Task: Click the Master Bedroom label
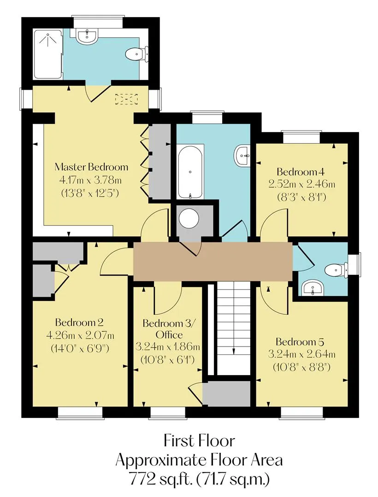click(x=91, y=167)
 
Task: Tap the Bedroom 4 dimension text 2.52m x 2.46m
click(x=302, y=184)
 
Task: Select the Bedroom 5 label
click(x=300, y=342)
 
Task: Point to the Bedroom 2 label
click(x=79, y=323)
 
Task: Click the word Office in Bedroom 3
click(x=169, y=335)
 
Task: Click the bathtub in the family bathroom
click(x=190, y=172)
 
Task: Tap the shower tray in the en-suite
click(x=48, y=54)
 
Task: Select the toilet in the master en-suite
click(x=137, y=54)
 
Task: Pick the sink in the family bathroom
click(x=242, y=156)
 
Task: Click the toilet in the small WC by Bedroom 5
click(x=336, y=271)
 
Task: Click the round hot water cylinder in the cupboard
click(x=189, y=219)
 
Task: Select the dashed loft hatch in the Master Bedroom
click(x=127, y=99)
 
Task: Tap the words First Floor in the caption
click(x=199, y=441)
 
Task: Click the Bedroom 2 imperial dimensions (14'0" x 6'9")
click(x=80, y=348)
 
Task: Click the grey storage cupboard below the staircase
click(x=227, y=393)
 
